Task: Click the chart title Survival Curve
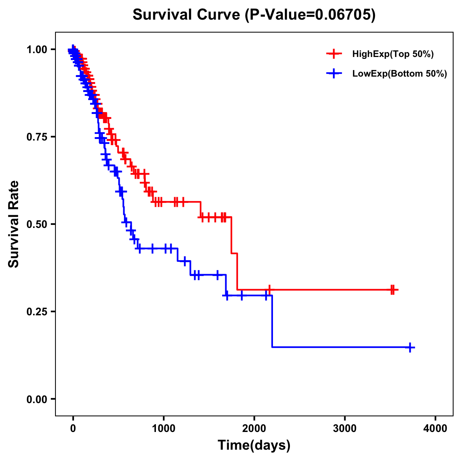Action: tap(187, 15)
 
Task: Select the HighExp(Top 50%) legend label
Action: tap(393, 54)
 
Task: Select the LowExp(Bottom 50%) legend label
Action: tap(400, 74)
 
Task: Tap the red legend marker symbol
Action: tap(334, 54)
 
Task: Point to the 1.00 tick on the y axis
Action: tap(37, 49)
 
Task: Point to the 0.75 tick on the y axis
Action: tap(37, 137)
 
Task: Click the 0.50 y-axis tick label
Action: tap(37, 224)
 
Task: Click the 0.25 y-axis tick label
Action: tap(37, 311)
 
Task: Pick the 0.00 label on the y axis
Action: tap(37, 399)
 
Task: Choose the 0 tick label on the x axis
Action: tap(73, 429)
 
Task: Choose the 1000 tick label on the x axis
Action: tap(164, 429)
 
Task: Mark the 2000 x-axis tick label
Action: tap(254, 429)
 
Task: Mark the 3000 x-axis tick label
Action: tap(345, 429)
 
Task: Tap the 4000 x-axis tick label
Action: tap(435, 429)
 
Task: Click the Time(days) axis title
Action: tap(254, 445)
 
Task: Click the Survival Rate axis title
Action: tap(14, 224)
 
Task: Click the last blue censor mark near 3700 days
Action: tap(410, 347)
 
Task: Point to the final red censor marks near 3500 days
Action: tap(392, 290)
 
